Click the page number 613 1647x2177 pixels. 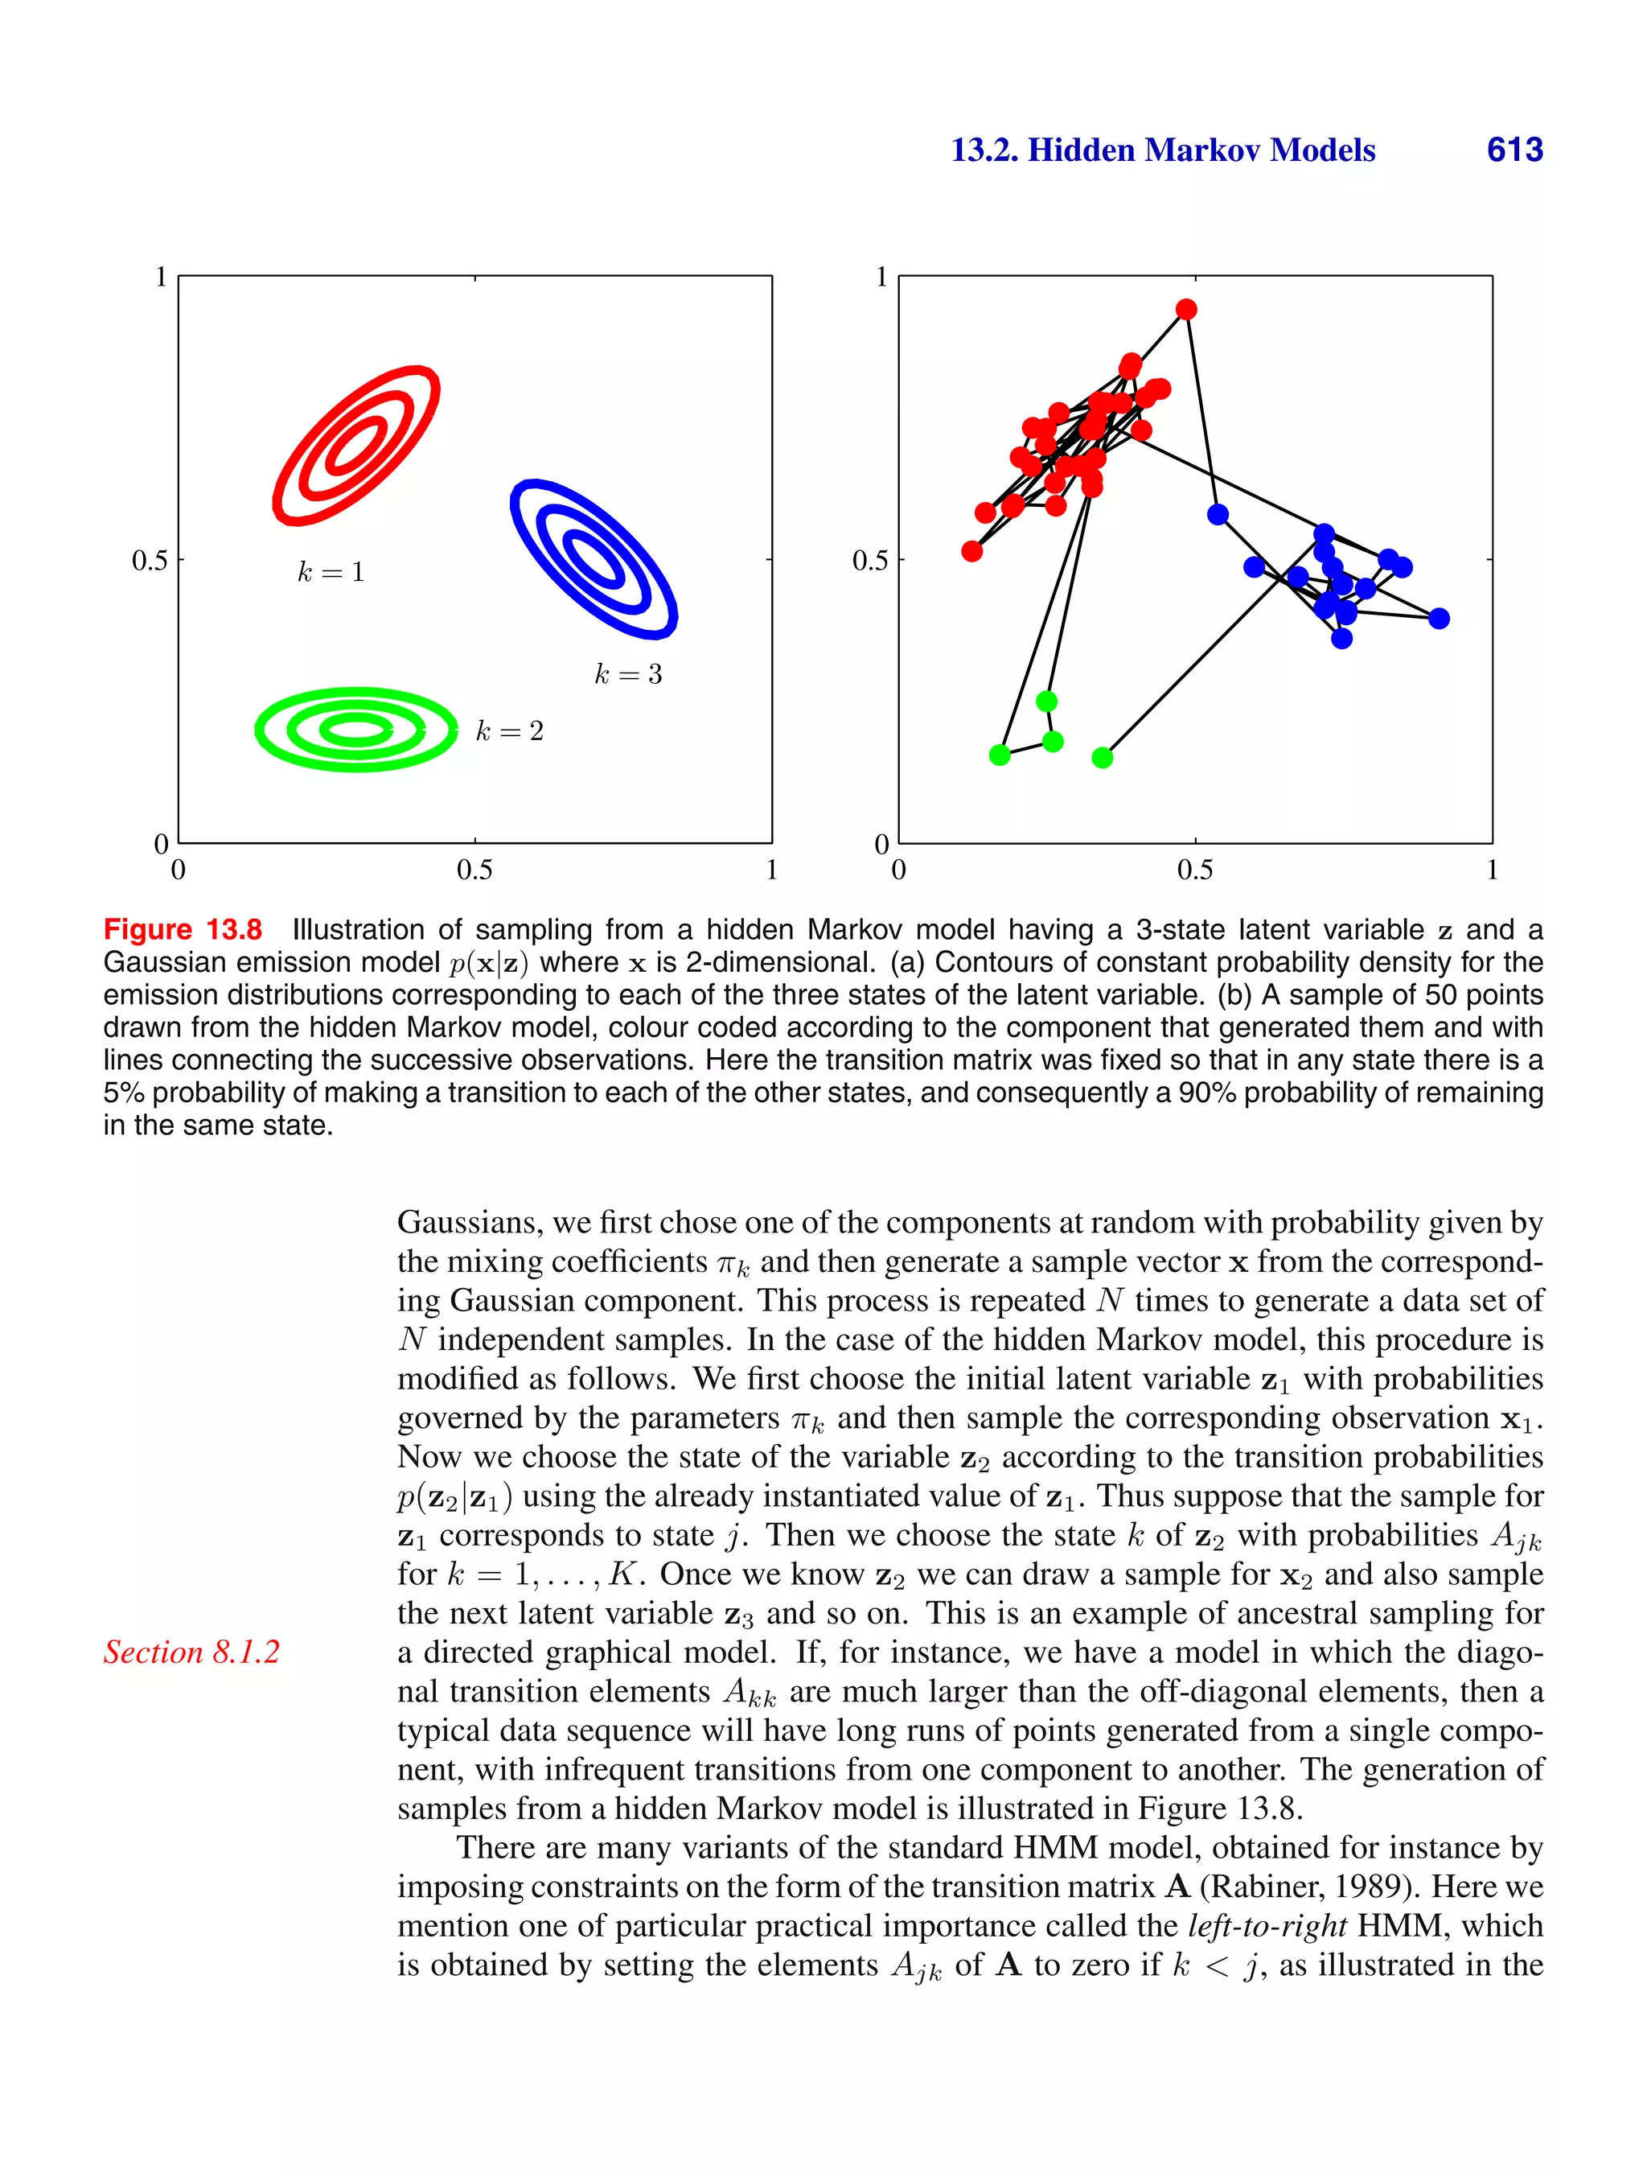1514,150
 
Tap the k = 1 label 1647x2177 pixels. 331,572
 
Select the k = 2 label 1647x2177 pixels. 509,730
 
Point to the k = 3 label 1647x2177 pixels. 628,674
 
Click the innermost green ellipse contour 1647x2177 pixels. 357,729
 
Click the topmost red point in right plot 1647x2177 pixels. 1186,309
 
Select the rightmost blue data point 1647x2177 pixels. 1439,618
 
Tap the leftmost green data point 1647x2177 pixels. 1000,755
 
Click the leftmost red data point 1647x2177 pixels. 972,551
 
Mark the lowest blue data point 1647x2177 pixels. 1342,639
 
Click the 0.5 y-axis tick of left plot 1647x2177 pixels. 150,561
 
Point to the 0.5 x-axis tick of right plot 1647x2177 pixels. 1194,870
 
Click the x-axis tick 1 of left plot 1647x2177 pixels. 771,870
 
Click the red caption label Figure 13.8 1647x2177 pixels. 183,929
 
